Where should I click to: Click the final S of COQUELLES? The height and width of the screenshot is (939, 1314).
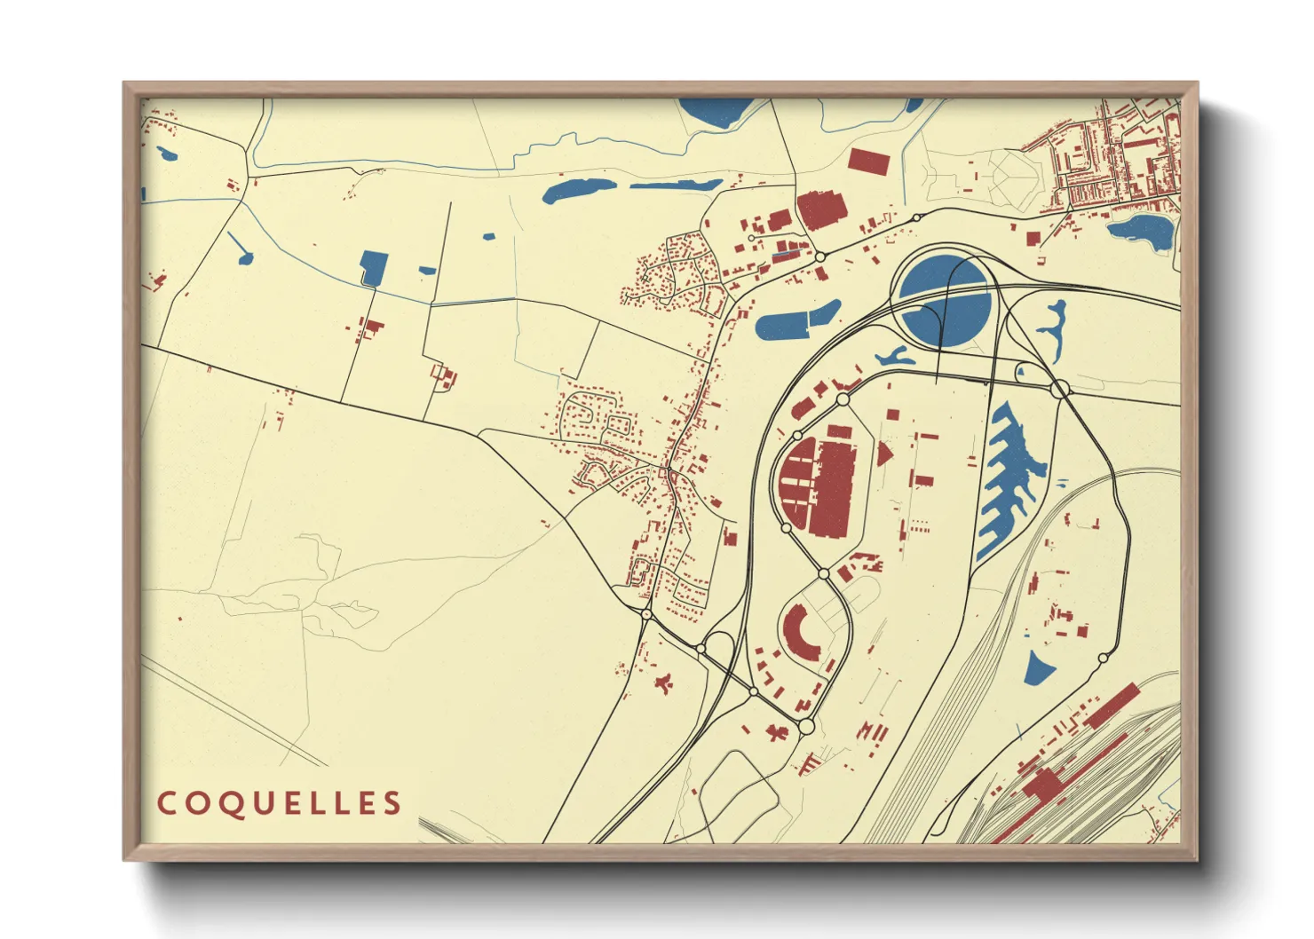(x=392, y=804)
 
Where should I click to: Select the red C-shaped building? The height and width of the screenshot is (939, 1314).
(x=799, y=635)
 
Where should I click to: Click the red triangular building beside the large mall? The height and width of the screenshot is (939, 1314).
(x=883, y=454)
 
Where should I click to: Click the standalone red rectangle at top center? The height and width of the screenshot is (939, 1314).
(x=867, y=161)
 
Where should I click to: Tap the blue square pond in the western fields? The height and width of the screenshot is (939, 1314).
(x=374, y=268)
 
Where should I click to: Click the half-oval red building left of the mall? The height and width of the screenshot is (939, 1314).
(x=795, y=480)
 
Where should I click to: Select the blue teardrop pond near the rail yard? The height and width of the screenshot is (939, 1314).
(x=1035, y=668)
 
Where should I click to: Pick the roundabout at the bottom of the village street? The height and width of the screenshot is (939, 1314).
(x=646, y=613)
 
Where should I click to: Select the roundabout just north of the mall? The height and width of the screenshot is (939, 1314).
(x=843, y=399)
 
